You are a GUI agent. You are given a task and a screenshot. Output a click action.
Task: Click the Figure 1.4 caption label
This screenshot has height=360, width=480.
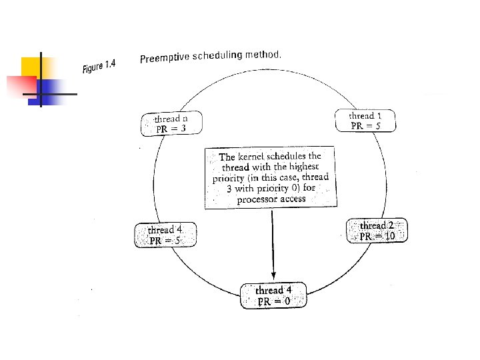[99, 66]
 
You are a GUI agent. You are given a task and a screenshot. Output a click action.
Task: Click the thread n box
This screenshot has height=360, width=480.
[171, 123]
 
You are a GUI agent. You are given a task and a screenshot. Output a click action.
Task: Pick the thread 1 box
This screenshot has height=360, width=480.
[365, 121]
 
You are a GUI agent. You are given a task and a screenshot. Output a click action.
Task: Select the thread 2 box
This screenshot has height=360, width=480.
[377, 231]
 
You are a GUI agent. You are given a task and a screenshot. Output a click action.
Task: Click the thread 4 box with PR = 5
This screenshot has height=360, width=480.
[165, 235]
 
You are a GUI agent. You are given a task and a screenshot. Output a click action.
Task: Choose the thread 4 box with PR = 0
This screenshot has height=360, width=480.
[273, 295]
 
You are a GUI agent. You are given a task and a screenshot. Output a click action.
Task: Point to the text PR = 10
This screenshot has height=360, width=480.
[377, 236]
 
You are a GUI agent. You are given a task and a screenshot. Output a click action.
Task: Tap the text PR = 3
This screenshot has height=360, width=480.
[171, 129]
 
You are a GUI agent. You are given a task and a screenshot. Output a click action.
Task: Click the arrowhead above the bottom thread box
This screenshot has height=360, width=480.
[274, 275]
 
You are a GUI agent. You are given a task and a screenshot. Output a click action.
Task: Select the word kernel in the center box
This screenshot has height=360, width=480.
[251, 157]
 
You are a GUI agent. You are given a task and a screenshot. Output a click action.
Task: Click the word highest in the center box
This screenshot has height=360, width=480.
[304, 166]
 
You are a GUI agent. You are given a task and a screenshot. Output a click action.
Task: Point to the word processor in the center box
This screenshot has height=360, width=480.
[257, 200]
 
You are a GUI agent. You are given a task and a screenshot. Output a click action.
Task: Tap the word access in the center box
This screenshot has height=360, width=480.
[293, 199]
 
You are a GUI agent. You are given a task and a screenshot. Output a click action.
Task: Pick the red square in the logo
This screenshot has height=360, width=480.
[22, 87]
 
